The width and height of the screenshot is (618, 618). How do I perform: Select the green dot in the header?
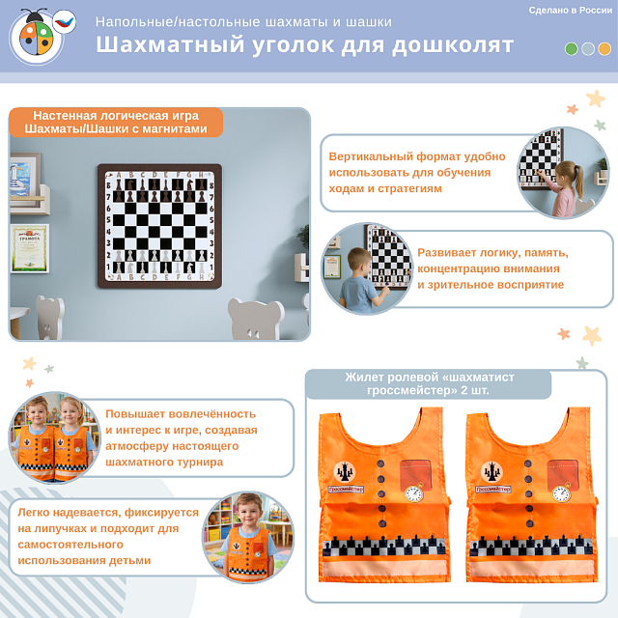pos(572,48)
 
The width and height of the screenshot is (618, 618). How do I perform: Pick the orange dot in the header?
pos(604,48)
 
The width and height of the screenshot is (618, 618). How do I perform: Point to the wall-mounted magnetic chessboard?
pos(159,225)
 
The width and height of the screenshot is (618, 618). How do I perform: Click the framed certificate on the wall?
pos(30,248)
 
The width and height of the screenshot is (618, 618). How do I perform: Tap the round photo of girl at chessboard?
pos(562,172)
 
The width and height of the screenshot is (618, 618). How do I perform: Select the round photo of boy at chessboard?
pos(368,267)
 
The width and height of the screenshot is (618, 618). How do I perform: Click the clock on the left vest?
pos(413,493)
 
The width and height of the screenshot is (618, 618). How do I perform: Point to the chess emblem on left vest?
pos(346,471)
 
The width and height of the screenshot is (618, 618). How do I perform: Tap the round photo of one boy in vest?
pos(247,538)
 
